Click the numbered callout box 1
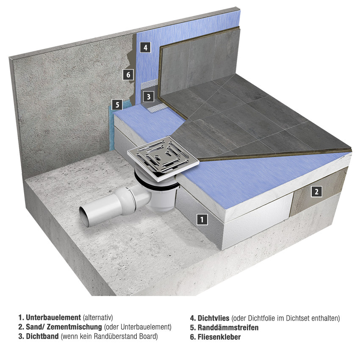(202, 219)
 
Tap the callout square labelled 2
(317, 191)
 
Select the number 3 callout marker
(149, 97)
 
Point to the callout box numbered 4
(145, 47)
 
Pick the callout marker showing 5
(117, 105)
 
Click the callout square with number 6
(128, 75)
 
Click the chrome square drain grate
(163, 157)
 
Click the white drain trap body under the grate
(161, 197)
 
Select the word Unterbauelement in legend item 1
(53, 318)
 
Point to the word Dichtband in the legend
(42, 336)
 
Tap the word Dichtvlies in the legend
(213, 318)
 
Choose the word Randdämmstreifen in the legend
(228, 327)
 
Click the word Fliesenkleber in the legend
(219, 337)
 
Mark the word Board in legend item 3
(148, 336)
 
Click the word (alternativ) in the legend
(98, 318)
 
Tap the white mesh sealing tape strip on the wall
(149, 84)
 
